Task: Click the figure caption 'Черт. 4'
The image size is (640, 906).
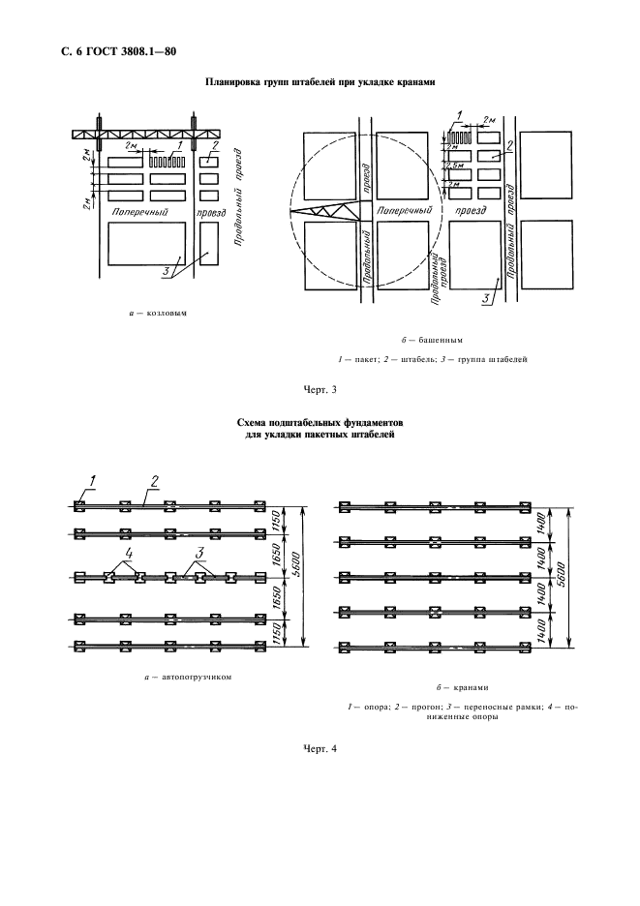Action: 320,747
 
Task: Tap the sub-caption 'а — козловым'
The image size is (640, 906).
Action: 158,314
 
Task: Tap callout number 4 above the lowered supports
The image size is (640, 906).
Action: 125,555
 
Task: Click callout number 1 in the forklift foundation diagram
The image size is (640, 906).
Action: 93,480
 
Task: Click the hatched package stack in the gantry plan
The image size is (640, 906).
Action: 167,161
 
